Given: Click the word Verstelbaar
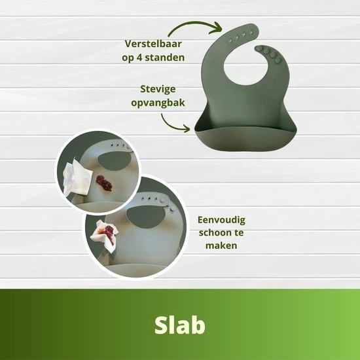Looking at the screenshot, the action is pyautogui.click(x=153, y=44).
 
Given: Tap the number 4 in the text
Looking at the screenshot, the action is pyautogui.click(x=139, y=57).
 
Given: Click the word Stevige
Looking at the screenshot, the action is pyautogui.click(x=158, y=89).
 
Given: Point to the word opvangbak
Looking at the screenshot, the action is pyautogui.click(x=158, y=103).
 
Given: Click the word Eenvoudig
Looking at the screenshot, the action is pyautogui.click(x=221, y=220).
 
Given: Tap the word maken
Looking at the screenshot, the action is pyautogui.click(x=221, y=245).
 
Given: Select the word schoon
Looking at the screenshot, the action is pyautogui.click(x=213, y=232).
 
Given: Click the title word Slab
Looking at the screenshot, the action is pyautogui.click(x=180, y=325).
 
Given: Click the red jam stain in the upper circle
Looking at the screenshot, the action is pyautogui.click(x=104, y=183).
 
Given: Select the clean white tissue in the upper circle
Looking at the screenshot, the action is pyautogui.click(x=77, y=177).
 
